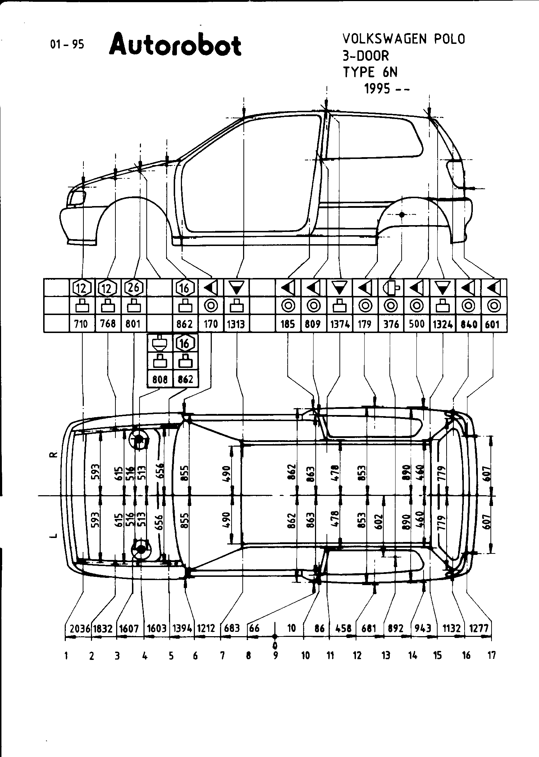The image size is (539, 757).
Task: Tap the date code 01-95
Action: pyautogui.click(x=67, y=45)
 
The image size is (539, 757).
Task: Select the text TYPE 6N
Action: pyautogui.click(x=370, y=72)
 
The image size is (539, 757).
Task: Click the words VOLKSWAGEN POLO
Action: pyautogui.click(x=403, y=39)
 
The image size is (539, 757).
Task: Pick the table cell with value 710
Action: pyautogui.click(x=81, y=324)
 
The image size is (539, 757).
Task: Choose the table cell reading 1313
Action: pyautogui.click(x=236, y=324)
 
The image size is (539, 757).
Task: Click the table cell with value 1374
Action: pyautogui.click(x=340, y=324)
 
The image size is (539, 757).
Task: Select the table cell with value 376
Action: pyautogui.click(x=391, y=324)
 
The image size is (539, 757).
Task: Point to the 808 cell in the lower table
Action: pyautogui.click(x=160, y=379)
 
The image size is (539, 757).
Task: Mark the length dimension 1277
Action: pyautogui.click(x=479, y=628)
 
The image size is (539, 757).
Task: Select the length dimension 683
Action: pyautogui.click(x=232, y=628)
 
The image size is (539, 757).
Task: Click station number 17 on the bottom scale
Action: pyautogui.click(x=492, y=655)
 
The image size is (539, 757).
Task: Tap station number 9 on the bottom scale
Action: pyautogui.click(x=275, y=655)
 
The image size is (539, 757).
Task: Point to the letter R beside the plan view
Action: pyautogui.click(x=53, y=455)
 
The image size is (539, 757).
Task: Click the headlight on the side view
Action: pyautogui.click(x=77, y=197)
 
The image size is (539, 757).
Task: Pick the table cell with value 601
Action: pyautogui.click(x=492, y=324)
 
